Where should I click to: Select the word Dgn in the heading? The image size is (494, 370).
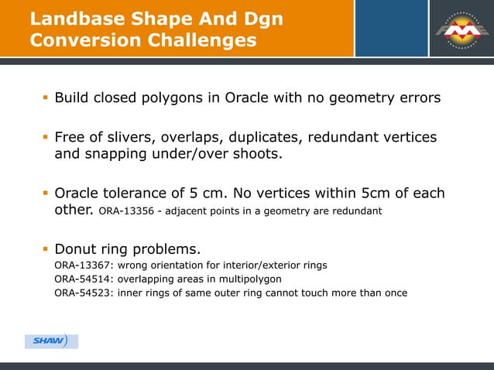259,17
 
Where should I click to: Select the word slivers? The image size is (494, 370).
129,138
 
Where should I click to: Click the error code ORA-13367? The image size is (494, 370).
82,266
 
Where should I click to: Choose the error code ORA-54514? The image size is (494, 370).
82,279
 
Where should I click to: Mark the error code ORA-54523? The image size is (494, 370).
82,293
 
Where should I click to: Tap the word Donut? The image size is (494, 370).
77,249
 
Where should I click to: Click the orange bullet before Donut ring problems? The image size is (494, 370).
45,249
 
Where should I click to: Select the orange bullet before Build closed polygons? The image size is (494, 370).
45,98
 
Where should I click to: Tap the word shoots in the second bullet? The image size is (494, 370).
257,154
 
